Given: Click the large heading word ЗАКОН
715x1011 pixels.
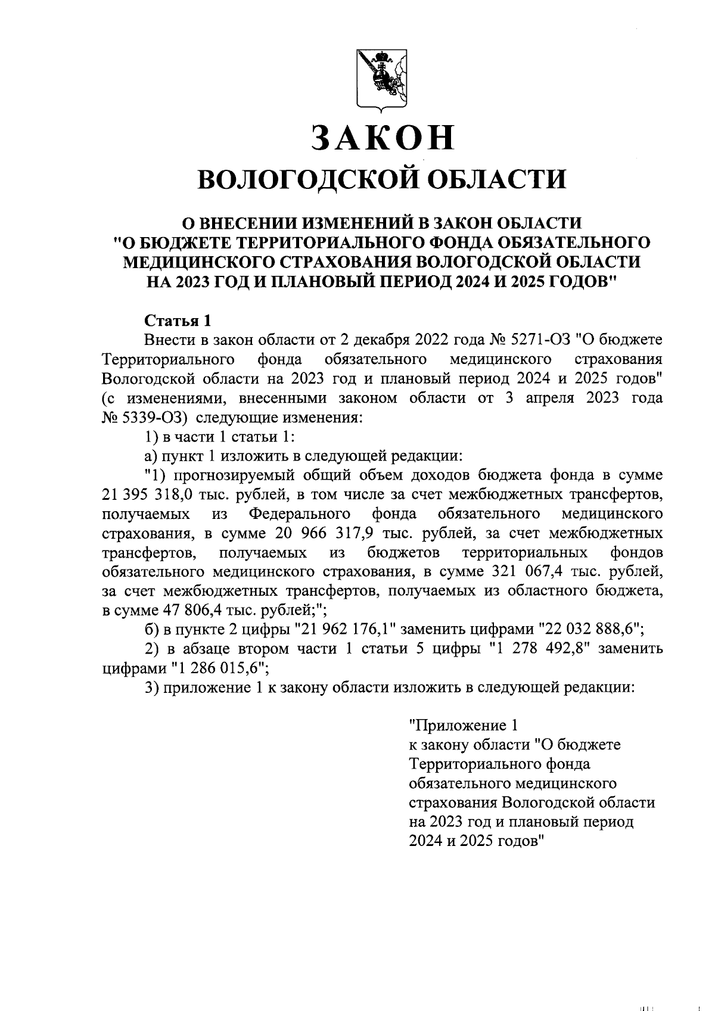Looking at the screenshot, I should coord(381,138).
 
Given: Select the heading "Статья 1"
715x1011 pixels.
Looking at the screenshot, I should coord(178,321).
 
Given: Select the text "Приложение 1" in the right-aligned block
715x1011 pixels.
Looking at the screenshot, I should coord(461,726).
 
